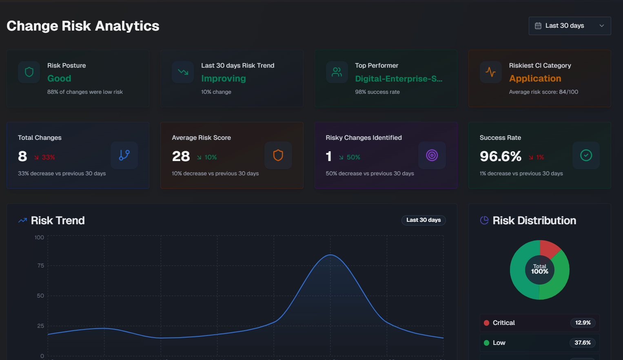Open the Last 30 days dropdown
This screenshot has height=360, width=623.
[570, 26]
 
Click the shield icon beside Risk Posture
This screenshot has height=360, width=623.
[29, 72]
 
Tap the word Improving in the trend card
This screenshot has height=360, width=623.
[223, 78]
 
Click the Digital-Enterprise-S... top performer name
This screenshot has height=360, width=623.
[398, 79]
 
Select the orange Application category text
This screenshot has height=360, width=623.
[535, 78]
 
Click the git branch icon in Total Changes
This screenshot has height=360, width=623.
[124, 155]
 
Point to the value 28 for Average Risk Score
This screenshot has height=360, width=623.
[181, 156]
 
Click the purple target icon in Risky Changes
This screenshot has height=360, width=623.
[432, 155]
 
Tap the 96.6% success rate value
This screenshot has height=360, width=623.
[500, 156]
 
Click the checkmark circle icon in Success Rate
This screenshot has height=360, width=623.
[586, 155]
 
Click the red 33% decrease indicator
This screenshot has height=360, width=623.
[44, 157]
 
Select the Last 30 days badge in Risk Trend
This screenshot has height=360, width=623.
[423, 220]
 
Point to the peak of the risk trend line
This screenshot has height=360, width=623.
[330, 255]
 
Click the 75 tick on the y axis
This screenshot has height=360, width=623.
[40, 265]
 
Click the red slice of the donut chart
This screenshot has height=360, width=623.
[548, 249]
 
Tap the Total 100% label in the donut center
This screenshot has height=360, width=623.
[539, 269]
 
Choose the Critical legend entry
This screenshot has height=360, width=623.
[503, 323]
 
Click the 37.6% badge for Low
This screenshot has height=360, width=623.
[582, 343]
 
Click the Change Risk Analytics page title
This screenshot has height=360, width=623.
[83, 26]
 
